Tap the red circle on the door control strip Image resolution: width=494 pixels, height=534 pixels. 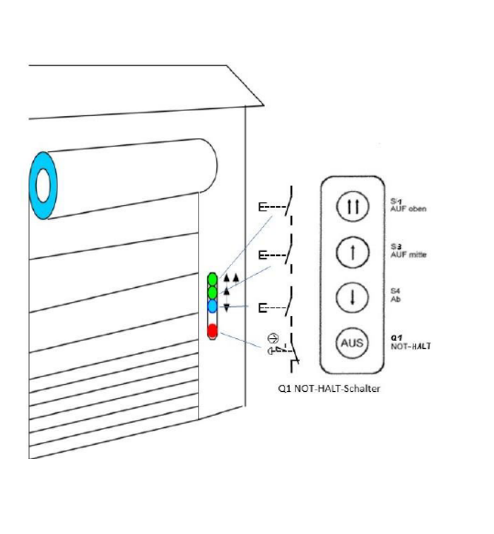211,330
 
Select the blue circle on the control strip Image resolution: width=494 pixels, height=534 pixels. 212,306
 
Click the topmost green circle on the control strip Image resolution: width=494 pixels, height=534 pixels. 212,279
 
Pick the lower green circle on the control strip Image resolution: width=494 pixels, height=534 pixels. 212,292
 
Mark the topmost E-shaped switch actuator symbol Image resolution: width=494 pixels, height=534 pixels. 262,207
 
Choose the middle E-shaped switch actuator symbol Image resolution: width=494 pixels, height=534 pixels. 262,254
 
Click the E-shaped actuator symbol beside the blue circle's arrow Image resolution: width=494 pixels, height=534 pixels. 262,307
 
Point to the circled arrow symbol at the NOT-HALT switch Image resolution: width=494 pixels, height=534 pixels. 273,337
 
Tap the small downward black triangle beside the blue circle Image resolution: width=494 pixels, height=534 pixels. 226,308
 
